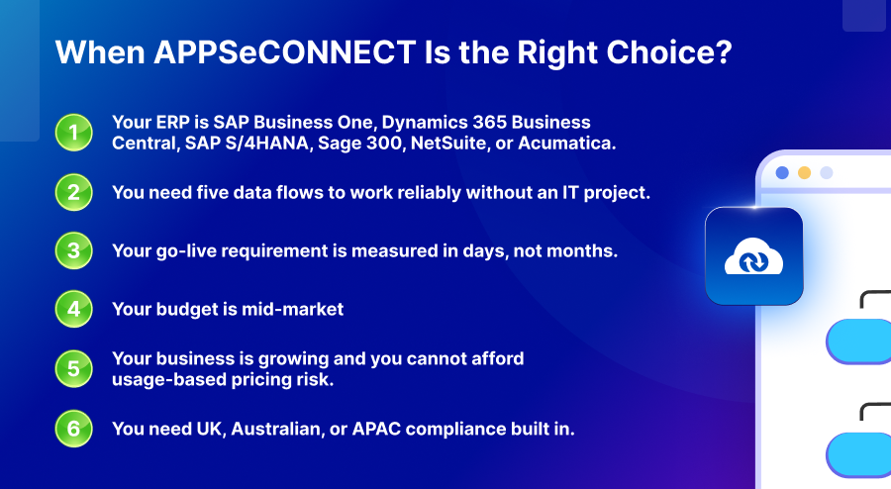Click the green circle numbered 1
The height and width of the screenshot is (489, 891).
click(x=72, y=134)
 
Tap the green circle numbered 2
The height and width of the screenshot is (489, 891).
click(x=72, y=192)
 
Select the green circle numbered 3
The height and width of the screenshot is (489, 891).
click(x=72, y=250)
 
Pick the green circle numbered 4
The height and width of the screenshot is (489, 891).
click(x=72, y=309)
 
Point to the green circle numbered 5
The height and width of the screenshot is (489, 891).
click(x=72, y=369)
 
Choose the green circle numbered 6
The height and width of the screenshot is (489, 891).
click(x=72, y=429)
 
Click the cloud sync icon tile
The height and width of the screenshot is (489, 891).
click(x=753, y=255)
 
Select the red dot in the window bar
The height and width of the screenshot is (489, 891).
click(x=782, y=172)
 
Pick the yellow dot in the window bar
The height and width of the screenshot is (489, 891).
click(x=804, y=172)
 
